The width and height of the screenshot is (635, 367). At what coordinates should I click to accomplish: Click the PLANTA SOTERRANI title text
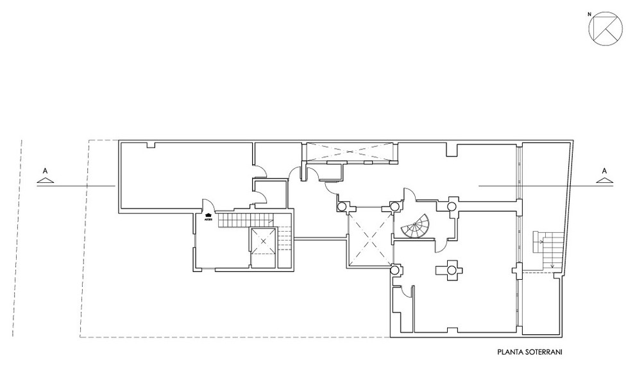(529, 352)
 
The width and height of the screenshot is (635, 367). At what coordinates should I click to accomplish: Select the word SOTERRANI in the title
(544, 352)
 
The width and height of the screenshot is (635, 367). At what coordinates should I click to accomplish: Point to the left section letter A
(44, 171)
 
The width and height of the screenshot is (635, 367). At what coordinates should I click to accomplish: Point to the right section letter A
(604, 171)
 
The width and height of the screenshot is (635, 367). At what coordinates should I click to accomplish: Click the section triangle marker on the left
(44, 181)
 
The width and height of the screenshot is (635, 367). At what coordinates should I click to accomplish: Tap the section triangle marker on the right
(604, 181)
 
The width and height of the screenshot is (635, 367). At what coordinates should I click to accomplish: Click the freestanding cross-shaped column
(451, 270)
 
